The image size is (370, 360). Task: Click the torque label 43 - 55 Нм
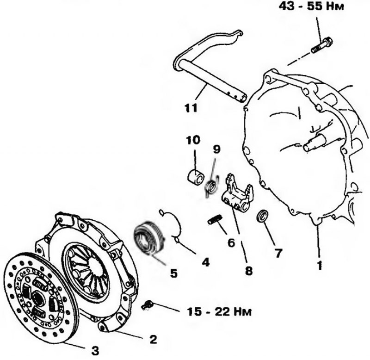coord(311,6)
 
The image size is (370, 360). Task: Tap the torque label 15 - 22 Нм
coord(219,311)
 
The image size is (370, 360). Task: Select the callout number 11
coord(191,108)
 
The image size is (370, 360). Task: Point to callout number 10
coord(193,140)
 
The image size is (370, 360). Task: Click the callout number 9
coord(216,149)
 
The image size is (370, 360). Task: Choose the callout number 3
coord(95,351)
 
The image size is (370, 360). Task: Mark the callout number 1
coord(320,266)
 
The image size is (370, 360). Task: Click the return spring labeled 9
coord(211,187)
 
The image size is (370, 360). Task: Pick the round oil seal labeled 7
coord(262,216)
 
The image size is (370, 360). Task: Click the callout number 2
coord(153,339)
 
